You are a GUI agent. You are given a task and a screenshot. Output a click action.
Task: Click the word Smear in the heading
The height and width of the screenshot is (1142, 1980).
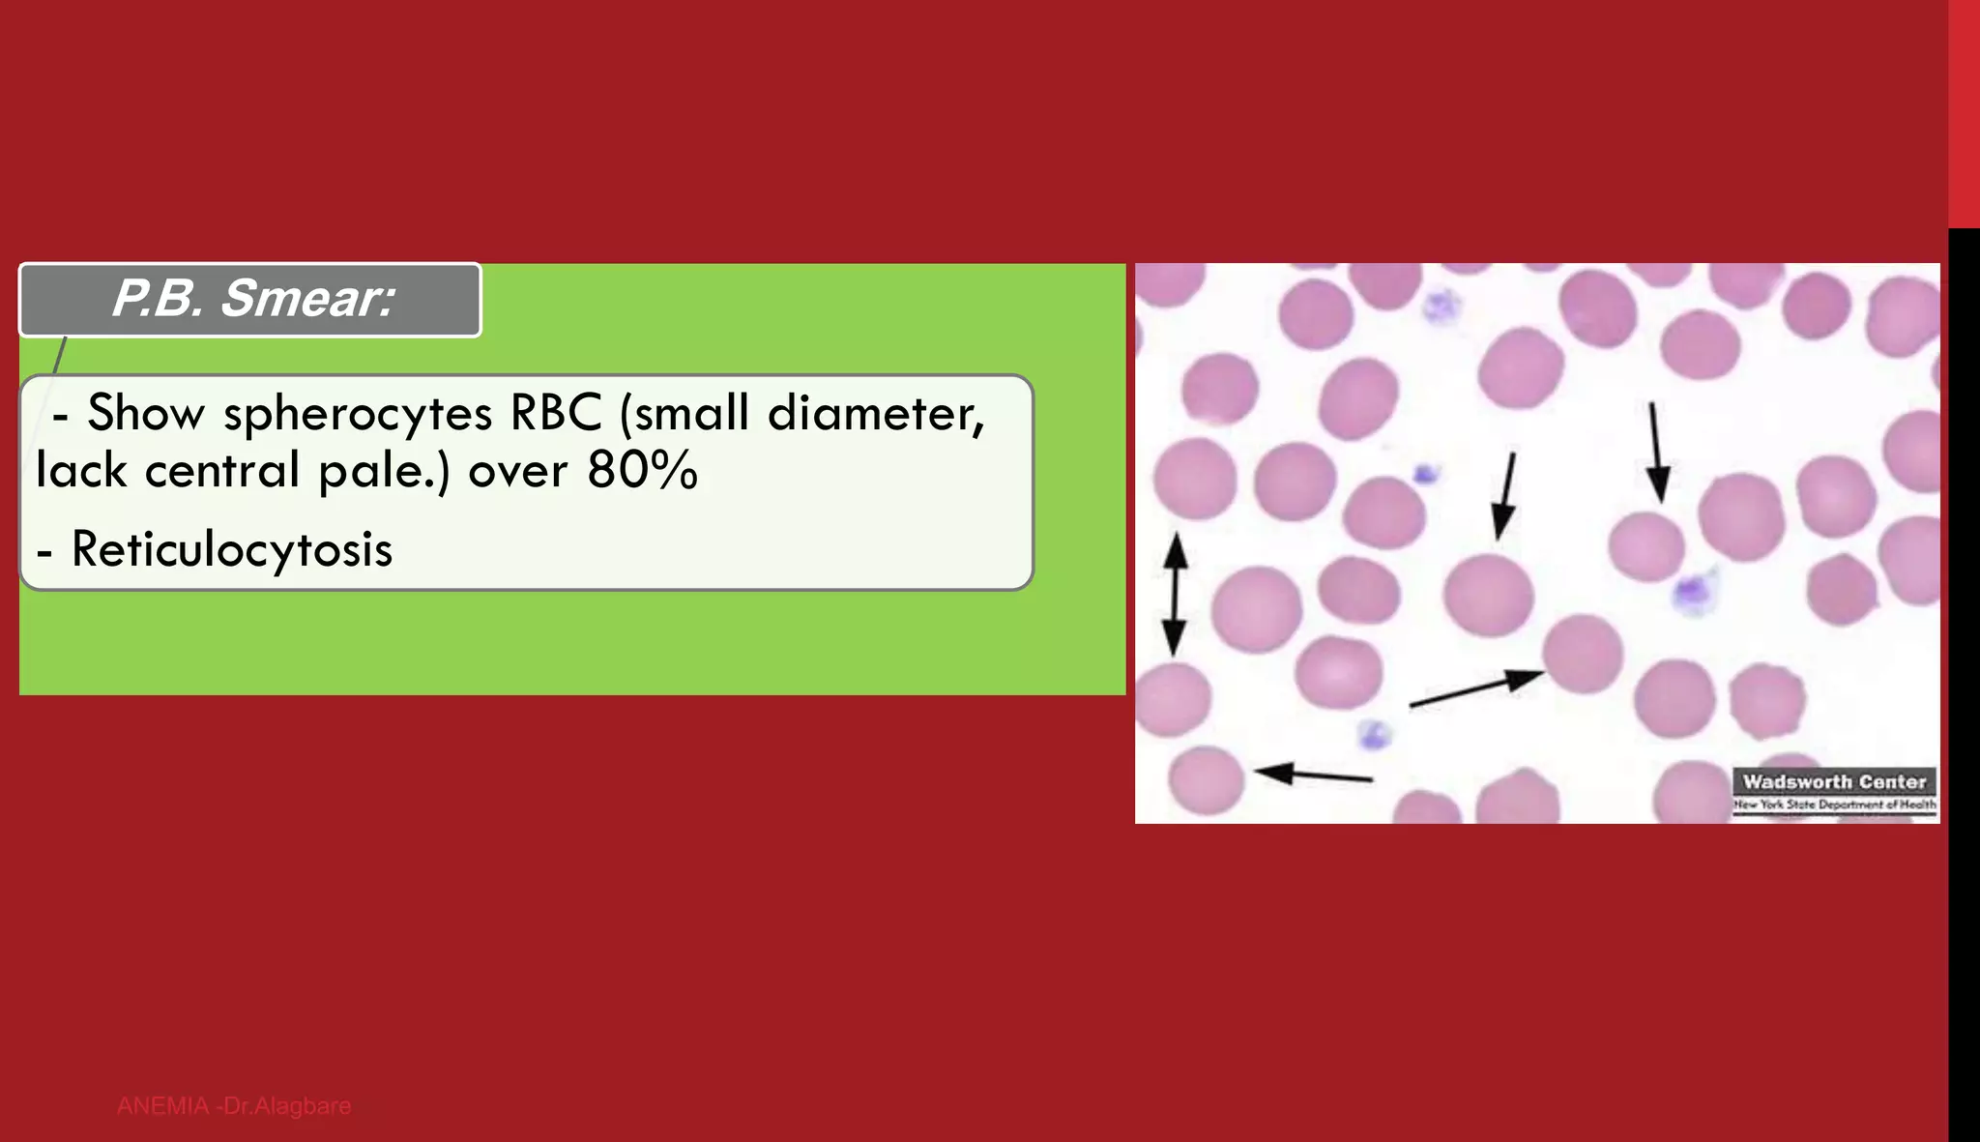[x=307, y=299]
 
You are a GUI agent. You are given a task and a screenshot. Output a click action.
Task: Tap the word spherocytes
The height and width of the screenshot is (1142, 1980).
[x=358, y=414]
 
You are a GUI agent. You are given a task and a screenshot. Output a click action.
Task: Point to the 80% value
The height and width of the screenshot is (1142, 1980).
[x=642, y=472]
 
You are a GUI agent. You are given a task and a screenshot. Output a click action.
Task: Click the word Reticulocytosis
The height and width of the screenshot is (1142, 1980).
[x=232, y=550]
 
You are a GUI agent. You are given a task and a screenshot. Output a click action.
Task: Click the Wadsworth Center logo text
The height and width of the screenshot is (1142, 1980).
[x=1834, y=781]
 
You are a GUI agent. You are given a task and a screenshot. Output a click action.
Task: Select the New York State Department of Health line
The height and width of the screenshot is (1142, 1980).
[x=1834, y=805]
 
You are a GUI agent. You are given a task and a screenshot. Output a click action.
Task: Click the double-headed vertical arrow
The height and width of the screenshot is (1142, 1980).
[x=1175, y=595]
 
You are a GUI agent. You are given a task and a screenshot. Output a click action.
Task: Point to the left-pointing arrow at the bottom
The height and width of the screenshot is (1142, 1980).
[x=1313, y=775]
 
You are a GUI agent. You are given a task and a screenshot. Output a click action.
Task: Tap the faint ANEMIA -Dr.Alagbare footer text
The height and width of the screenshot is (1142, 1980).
[x=234, y=1106]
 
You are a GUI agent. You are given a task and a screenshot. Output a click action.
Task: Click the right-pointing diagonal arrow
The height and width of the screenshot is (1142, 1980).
[x=1475, y=688]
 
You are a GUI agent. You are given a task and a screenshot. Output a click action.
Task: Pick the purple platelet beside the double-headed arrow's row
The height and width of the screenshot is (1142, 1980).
[x=1426, y=474]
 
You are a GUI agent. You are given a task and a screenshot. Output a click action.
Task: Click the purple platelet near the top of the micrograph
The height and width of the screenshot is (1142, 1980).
[x=1441, y=307]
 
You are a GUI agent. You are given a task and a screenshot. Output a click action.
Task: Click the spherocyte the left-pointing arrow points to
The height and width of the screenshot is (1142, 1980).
[x=1206, y=779]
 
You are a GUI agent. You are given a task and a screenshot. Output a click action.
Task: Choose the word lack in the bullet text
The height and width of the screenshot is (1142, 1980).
[x=81, y=472]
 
